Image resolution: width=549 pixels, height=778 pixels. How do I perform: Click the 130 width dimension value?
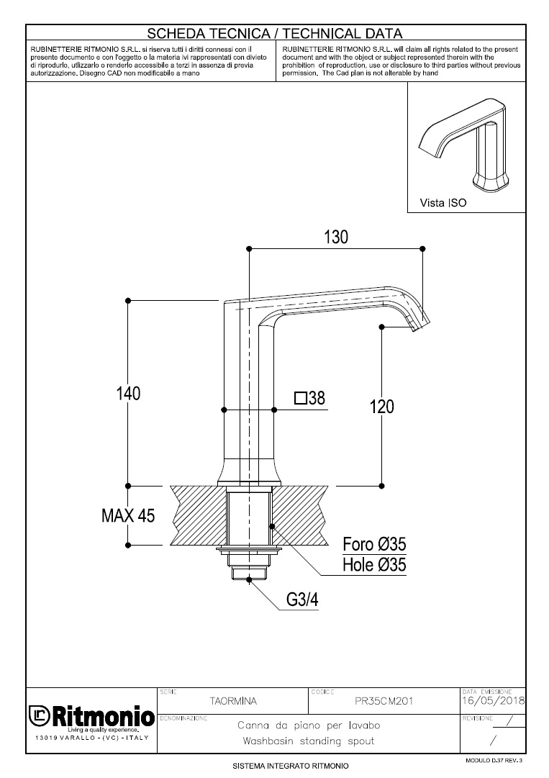(336, 237)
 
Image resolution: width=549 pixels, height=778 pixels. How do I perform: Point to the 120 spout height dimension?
(381, 407)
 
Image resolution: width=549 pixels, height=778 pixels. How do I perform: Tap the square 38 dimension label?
(309, 398)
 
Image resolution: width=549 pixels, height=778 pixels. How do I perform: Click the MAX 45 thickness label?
(127, 516)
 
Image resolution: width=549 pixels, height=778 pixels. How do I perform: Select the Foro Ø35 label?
(374, 544)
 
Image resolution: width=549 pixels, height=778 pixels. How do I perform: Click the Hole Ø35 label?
(374, 565)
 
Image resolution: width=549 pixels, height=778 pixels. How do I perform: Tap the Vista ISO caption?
(443, 203)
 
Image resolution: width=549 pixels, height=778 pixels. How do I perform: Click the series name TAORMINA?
(232, 700)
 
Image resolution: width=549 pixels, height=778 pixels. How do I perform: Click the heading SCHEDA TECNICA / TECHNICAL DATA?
(274, 33)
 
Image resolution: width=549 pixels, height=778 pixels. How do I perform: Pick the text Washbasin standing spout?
(309, 741)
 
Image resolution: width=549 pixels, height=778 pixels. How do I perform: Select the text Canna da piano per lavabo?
(309, 725)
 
